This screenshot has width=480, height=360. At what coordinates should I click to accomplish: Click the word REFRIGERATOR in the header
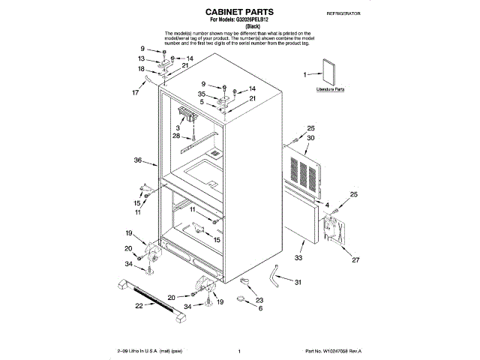pos(344,14)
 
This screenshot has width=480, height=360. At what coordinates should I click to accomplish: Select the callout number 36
pos(138,160)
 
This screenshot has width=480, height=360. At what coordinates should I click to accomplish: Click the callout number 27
pos(356,261)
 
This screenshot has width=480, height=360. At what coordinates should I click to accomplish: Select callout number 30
pos(310,138)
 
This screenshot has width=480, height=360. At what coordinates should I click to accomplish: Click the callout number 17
pos(136,93)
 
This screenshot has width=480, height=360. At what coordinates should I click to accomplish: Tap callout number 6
pos(260,307)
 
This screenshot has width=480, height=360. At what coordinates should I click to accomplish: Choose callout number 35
pos(202,94)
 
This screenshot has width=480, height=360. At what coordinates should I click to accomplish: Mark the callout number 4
pos(327,204)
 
